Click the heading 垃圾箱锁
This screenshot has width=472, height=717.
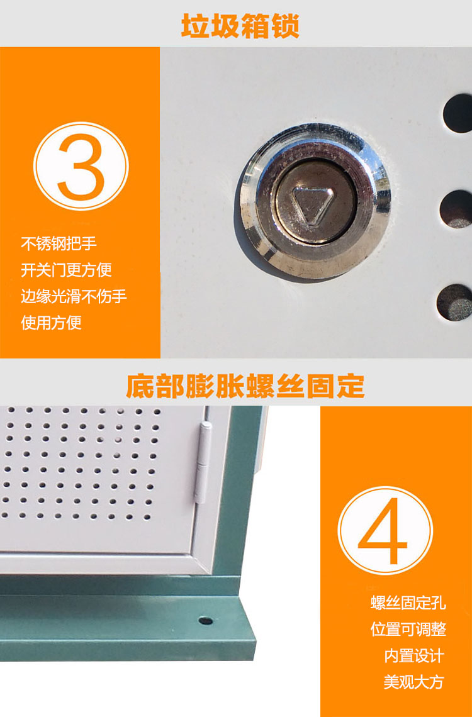(x=240, y=26)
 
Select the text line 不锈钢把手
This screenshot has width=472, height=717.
(x=59, y=244)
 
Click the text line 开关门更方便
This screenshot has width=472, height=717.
(x=66, y=270)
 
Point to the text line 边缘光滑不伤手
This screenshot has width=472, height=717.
(x=74, y=296)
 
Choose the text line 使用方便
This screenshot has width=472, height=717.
(x=51, y=323)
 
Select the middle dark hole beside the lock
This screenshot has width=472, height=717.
(x=456, y=209)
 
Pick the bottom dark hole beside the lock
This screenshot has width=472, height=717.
(x=455, y=303)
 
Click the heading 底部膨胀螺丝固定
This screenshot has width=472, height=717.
(x=245, y=386)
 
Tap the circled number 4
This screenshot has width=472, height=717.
(x=385, y=530)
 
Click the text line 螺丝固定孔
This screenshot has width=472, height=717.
(x=408, y=603)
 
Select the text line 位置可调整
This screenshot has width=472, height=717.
(x=408, y=629)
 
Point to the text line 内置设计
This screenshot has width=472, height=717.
(x=414, y=656)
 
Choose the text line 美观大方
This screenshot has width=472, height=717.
(x=414, y=682)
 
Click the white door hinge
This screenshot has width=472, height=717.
(x=203, y=462)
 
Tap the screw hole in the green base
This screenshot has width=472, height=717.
(x=205, y=621)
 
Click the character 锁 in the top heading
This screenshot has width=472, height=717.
(x=285, y=26)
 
